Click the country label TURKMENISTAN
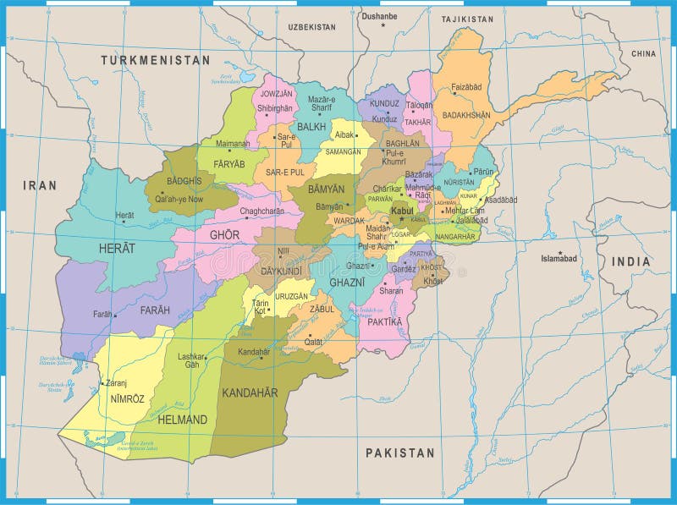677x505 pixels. click(x=155, y=60)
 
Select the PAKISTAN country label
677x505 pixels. click(x=399, y=453)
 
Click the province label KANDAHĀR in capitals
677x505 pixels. click(x=249, y=392)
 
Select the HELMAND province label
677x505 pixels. click(x=181, y=420)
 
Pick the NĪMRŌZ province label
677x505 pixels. click(x=121, y=397)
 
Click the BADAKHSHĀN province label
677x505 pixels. click(x=466, y=115)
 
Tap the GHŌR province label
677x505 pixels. click(x=224, y=234)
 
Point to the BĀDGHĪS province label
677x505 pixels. click(x=184, y=181)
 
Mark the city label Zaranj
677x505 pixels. click(x=118, y=382)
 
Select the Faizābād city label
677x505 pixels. click(x=465, y=87)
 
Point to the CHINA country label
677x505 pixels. click(x=642, y=53)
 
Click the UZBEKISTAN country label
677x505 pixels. click(x=311, y=27)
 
